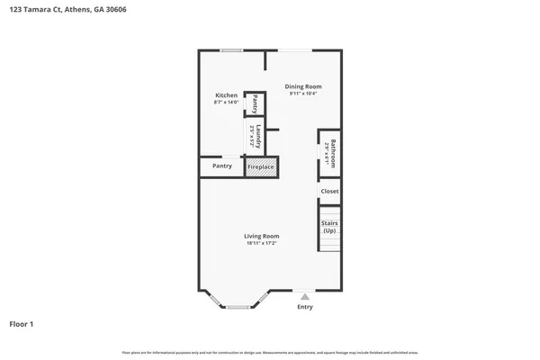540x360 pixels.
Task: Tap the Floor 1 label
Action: pyautogui.click(x=22, y=323)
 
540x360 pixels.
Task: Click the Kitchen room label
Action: pyautogui.click(x=226, y=95)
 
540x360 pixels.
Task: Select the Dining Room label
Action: pyautogui.click(x=304, y=86)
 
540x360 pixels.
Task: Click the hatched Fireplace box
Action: pyautogui.click(x=261, y=166)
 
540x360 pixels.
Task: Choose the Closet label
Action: pyautogui.click(x=329, y=191)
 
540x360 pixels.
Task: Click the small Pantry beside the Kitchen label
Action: pyautogui.click(x=255, y=103)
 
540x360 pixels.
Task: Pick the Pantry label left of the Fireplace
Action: pyautogui.click(x=221, y=166)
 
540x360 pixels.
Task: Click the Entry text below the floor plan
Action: pyautogui.click(x=305, y=307)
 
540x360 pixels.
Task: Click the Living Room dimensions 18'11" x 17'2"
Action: pyautogui.click(x=261, y=243)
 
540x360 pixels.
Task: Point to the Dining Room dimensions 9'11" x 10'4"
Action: pyautogui.click(x=304, y=94)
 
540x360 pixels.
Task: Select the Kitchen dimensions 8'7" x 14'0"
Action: pyautogui.click(x=226, y=103)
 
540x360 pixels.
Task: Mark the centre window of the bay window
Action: pyautogui.click(x=238, y=307)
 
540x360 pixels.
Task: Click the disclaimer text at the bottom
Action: pyautogui.click(x=270, y=352)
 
